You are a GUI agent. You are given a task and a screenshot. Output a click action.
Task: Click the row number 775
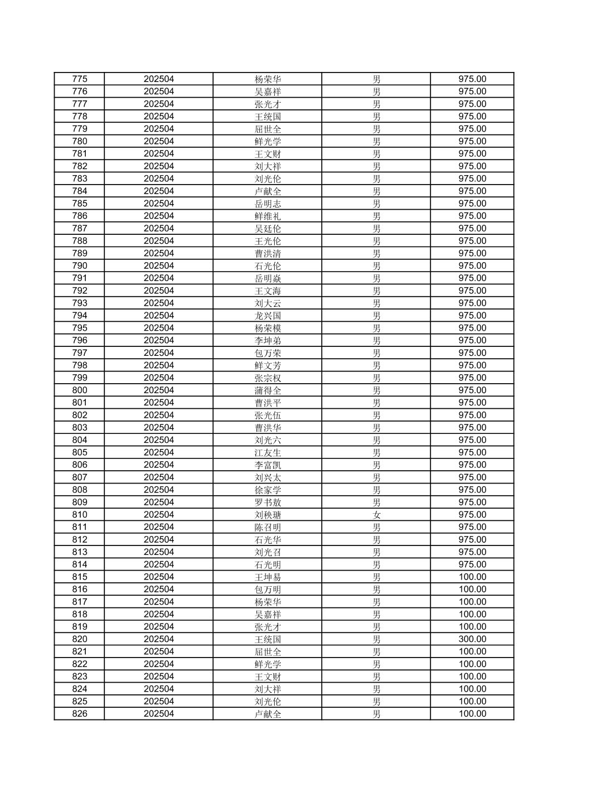[x=80, y=79]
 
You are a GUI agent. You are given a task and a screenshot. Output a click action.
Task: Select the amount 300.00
[x=472, y=639]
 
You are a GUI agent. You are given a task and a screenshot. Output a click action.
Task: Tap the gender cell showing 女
[x=376, y=515]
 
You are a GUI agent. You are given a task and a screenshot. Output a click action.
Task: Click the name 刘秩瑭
[x=268, y=515]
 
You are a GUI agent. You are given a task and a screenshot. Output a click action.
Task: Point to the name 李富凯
[x=268, y=465]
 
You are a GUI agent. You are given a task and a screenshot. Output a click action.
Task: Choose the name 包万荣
[x=268, y=353]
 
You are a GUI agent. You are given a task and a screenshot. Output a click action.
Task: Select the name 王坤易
[x=268, y=577]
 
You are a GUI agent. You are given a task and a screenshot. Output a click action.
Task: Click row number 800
[x=80, y=390]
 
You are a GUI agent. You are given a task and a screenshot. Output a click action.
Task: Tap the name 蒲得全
[x=268, y=390]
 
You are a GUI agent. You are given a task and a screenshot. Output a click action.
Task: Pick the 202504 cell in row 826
[x=159, y=714]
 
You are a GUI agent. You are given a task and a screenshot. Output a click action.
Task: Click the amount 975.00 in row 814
[x=472, y=564]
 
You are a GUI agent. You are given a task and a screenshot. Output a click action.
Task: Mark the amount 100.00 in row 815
[x=472, y=577]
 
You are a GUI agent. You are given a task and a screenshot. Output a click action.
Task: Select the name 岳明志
[x=268, y=204]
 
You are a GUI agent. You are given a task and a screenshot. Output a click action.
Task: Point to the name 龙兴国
[x=268, y=316]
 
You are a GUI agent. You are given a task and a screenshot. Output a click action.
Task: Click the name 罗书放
[x=268, y=503]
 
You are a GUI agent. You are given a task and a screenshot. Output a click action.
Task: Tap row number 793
[x=80, y=303]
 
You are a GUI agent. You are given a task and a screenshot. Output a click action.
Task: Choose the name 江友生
[x=268, y=453]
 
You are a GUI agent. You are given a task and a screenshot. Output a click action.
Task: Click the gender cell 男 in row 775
[x=376, y=79]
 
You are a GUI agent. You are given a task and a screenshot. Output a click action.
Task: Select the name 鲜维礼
[x=268, y=216]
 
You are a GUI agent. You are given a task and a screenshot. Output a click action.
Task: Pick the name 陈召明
[x=268, y=527]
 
